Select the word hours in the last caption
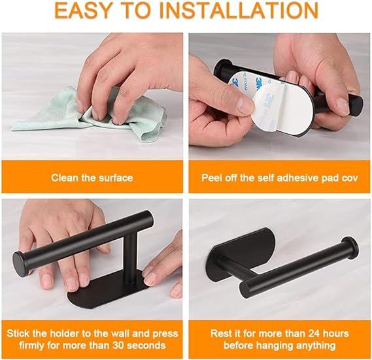337,333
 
